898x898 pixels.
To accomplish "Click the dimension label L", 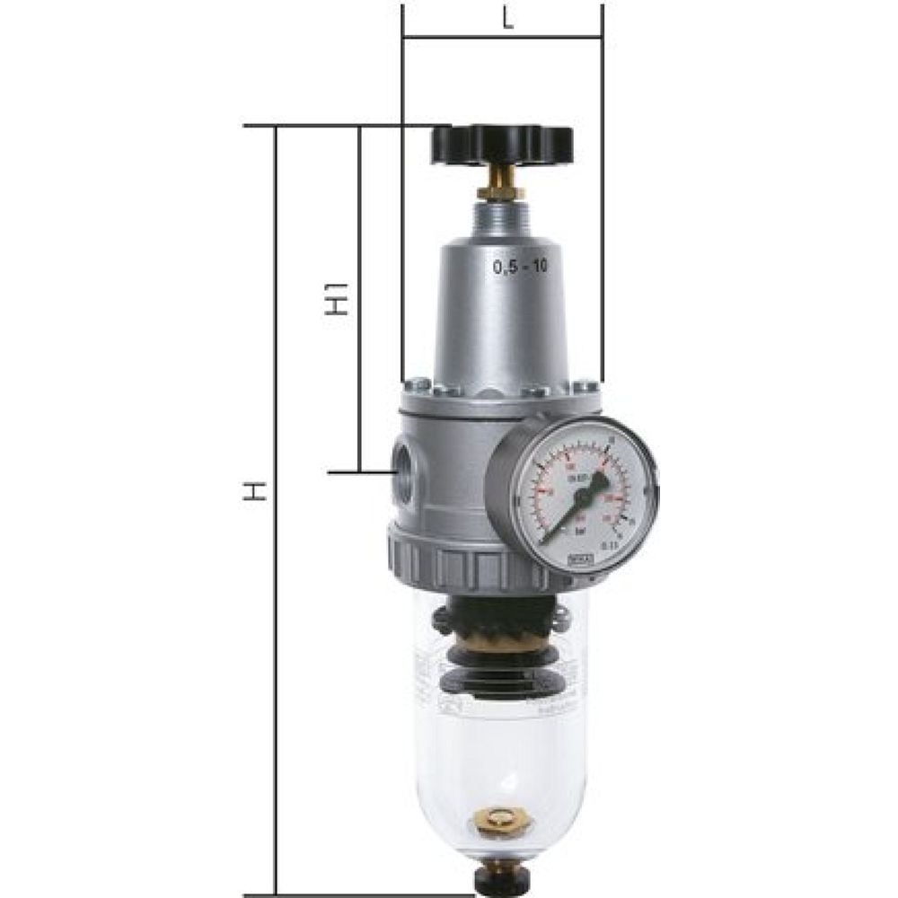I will pos(508,20).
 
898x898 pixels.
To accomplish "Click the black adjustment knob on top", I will pos(501,144).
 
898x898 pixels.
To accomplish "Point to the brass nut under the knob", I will pos(501,190).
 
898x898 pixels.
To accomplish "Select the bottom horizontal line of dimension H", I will pos(359,894).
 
